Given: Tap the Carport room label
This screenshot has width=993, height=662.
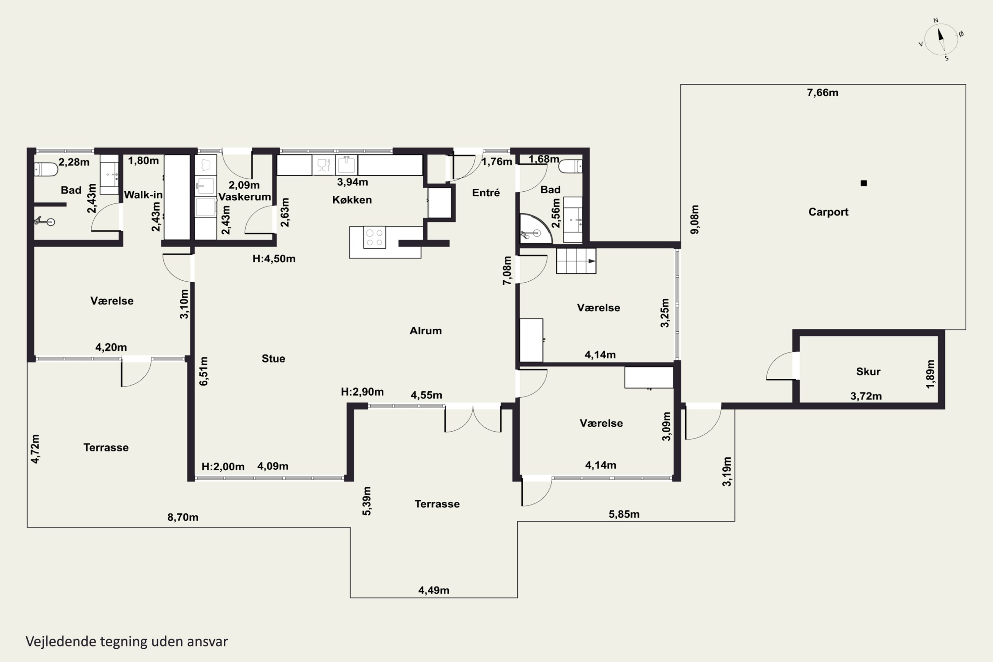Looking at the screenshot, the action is [x=828, y=212].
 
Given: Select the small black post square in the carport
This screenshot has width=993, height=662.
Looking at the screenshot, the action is [x=864, y=183].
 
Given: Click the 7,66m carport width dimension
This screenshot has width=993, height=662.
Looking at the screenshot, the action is [x=823, y=92].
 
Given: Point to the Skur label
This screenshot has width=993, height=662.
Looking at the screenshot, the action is [x=868, y=371].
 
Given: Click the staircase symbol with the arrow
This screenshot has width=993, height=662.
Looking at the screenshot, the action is [x=576, y=261].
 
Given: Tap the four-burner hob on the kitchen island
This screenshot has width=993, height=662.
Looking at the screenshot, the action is [x=374, y=237].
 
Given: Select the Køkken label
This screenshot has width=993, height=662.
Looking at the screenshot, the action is [x=352, y=200].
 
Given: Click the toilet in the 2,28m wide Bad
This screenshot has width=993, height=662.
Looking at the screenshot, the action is [x=46, y=169].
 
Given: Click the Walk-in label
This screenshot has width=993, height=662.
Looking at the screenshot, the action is [x=143, y=195].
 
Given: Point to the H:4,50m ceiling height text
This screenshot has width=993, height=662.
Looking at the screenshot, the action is [x=274, y=259].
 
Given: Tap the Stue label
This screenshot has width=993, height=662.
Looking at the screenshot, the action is [x=273, y=358].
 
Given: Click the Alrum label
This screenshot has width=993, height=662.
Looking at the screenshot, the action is [x=426, y=331].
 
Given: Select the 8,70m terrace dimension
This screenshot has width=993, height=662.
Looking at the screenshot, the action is [x=183, y=517].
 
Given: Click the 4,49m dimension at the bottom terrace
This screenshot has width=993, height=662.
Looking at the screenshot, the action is [x=434, y=590].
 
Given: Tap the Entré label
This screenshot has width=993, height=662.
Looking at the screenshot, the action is [x=486, y=193].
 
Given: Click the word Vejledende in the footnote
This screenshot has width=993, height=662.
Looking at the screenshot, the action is [x=61, y=642].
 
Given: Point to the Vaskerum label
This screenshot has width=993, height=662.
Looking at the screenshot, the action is [x=245, y=197].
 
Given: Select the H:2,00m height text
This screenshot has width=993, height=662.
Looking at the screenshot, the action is [x=223, y=466].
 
